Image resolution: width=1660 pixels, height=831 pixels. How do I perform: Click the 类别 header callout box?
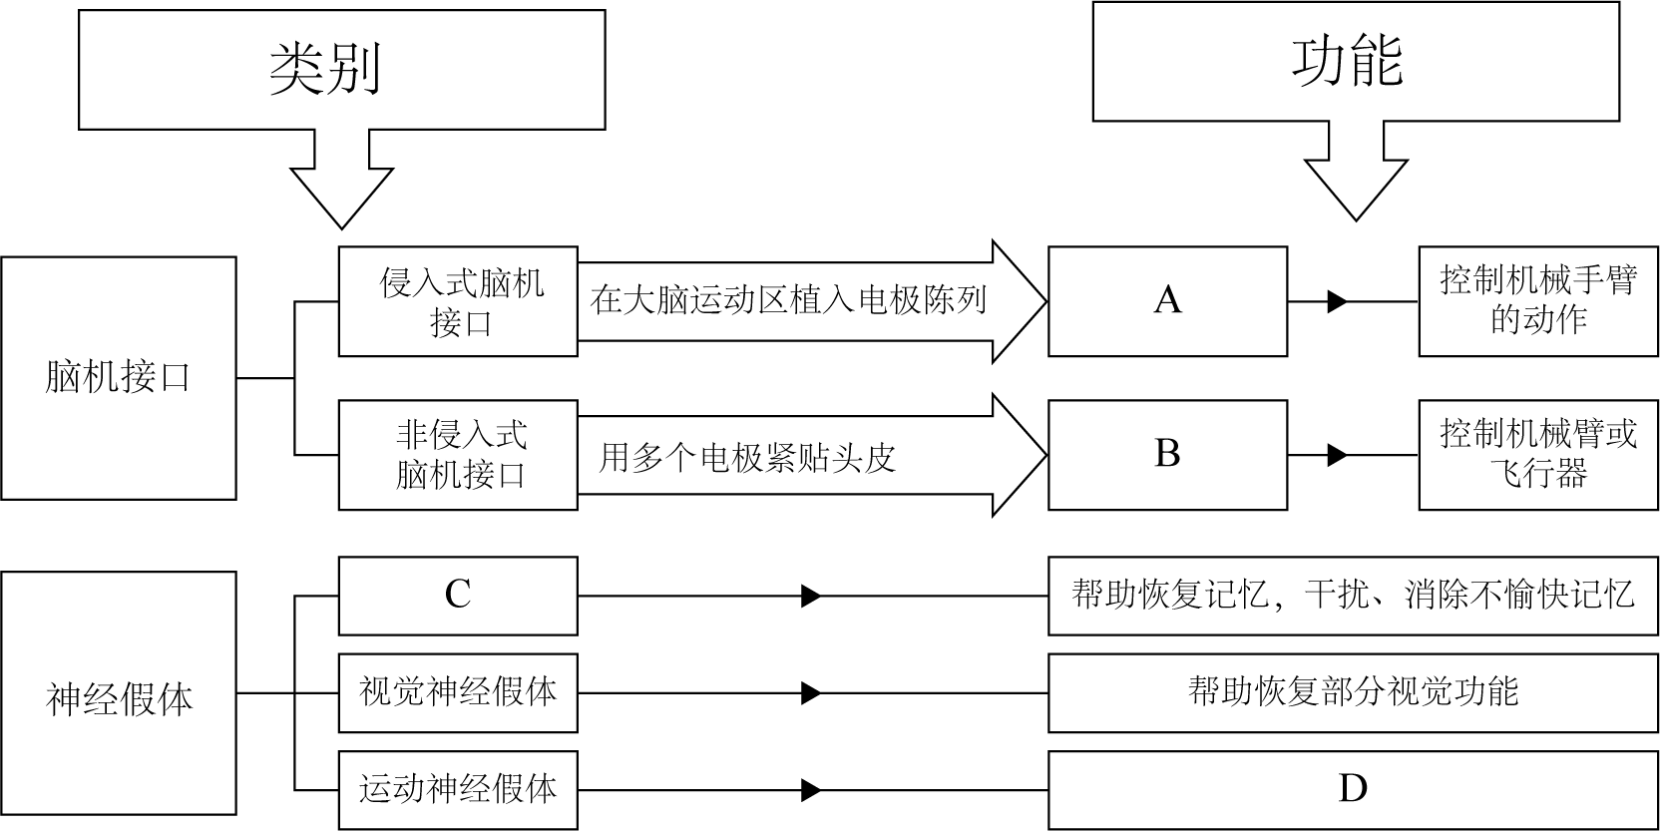(341, 70)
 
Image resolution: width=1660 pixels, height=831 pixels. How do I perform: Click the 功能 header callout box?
(1355, 62)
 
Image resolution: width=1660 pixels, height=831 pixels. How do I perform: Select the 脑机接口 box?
(118, 378)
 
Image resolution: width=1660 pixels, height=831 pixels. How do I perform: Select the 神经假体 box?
(118, 693)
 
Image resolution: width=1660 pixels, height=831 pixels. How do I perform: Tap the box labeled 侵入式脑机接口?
(458, 301)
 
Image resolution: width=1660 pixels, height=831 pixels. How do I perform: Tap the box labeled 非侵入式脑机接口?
(458, 455)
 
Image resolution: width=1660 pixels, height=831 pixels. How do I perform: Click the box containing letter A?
(1167, 301)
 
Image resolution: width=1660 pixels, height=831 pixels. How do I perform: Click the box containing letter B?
(1167, 455)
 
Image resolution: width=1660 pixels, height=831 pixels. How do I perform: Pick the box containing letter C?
(458, 597)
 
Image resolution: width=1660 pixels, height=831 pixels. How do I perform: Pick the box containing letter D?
(1353, 790)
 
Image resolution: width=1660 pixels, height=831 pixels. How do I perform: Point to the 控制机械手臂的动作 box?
(1538, 301)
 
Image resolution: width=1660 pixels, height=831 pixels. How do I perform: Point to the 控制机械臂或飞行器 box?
(1538, 455)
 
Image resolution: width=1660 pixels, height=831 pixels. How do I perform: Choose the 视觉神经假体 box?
(458, 692)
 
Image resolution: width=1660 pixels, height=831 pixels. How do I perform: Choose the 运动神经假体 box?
(458, 790)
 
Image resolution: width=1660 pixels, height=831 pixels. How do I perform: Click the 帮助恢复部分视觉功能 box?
(1353, 692)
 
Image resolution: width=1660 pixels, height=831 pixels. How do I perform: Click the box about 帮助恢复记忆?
(1353, 597)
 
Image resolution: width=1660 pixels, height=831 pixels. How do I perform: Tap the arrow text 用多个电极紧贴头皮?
(748, 457)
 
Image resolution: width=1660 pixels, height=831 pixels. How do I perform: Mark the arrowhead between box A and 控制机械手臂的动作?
(1337, 301)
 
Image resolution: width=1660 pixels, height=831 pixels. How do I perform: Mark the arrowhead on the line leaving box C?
(811, 597)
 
